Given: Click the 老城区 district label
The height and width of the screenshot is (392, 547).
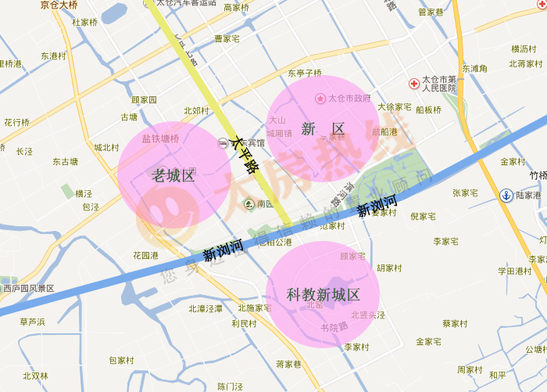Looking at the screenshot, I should coord(173,176).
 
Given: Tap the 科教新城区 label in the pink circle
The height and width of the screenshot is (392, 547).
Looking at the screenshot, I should coord(323,295).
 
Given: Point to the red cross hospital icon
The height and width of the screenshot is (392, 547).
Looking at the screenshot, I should coord(413,83).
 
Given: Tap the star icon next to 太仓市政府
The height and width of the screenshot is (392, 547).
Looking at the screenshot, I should coord(320,99).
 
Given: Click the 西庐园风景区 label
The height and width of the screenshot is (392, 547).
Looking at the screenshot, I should coord(28,288).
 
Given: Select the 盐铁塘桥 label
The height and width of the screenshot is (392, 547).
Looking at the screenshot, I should coord(160,138).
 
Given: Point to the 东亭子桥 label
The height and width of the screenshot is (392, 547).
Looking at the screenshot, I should coord(305,73).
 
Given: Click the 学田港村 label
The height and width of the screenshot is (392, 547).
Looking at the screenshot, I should coord(515,271).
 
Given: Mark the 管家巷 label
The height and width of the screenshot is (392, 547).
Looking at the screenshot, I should coord(431,12).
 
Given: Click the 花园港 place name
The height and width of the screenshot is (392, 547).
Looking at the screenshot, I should coord(145,255).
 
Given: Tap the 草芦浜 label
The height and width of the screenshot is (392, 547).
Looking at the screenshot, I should coord(33,322).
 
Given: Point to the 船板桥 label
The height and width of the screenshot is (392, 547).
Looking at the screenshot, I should coord(428,110).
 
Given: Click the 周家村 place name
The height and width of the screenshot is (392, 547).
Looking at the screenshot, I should coord(470,369).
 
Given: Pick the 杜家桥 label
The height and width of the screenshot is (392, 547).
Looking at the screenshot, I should coord(84,23).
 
